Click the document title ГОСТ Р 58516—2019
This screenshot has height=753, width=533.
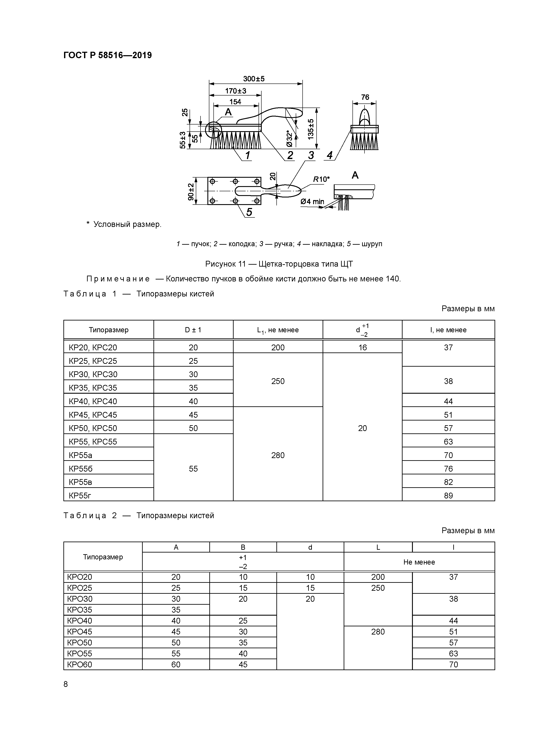(107, 55)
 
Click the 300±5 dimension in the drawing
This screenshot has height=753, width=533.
(254, 79)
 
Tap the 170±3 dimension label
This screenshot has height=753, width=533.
(236, 91)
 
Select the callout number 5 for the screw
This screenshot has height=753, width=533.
(249, 212)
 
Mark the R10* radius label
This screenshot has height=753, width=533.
(321, 179)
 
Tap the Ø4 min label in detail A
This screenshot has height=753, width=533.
(312, 201)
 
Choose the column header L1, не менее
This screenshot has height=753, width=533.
(278, 330)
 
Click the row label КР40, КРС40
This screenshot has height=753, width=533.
(93, 401)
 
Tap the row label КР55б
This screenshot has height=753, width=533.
(81, 469)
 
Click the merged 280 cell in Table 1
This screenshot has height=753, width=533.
(278, 455)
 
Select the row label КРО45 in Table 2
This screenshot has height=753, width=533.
(80, 632)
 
